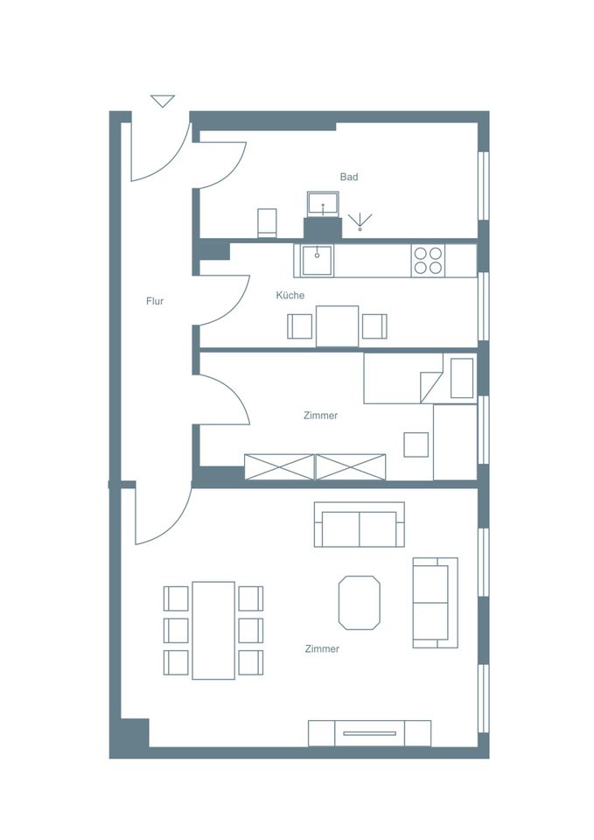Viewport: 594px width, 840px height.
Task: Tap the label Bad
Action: [x=349, y=177]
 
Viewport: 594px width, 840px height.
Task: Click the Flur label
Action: [x=155, y=301]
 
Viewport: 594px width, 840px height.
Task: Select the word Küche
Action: [x=290, y=295]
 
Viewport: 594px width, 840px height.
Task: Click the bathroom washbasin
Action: [x=323, y=204]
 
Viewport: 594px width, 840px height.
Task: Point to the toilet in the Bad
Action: [x=267, y=222]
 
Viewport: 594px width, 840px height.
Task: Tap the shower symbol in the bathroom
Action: [x=360, y=221]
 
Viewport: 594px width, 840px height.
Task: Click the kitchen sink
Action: [x=317, y=260]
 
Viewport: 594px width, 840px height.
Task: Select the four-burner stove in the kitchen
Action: [x=429, y=261]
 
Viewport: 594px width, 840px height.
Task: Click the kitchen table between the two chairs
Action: [x=338, y=326]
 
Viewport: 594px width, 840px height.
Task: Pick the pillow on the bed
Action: [x=462, y=378]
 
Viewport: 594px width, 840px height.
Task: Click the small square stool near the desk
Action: [x=416, y=444]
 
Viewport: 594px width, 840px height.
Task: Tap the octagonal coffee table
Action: [x=360, y=603]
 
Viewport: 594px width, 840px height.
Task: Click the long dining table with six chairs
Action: [x=213, y=631]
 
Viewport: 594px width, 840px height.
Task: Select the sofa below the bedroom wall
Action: [x=360, y=524]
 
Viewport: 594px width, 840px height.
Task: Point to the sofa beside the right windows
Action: [x=436, y=603]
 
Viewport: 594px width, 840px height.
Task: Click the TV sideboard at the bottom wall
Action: [x=369, y=733]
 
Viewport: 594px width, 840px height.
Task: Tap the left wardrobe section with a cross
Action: [x=280, y=467]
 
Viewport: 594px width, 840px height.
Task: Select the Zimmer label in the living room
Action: [x=322, y=648]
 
